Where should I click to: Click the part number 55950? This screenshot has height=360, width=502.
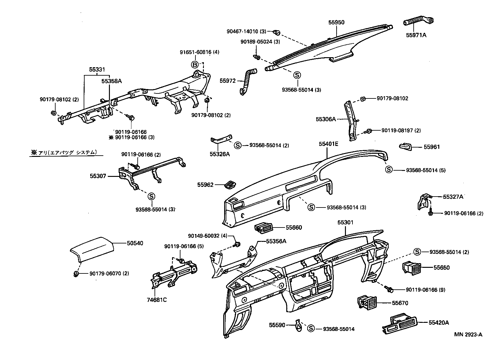[336, 22]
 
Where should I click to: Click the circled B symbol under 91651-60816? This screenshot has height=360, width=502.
[195, 65]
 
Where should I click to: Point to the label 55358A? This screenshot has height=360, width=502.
[111, 81]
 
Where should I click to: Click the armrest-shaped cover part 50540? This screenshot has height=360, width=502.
[91, 248]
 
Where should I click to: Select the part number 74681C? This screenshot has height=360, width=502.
[157, 300]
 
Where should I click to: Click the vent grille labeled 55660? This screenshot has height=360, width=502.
[263, 228]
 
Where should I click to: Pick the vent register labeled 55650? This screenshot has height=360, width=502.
[411, 268]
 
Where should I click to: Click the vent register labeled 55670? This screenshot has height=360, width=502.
[367, 302]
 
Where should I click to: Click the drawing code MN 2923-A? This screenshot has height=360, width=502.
[468, 334]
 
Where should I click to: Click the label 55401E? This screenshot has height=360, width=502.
[328, 144]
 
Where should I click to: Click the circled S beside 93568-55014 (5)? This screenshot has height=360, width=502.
[389, 170]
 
